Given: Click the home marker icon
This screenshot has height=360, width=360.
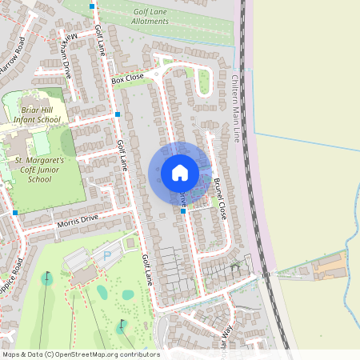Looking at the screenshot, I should [180, 173].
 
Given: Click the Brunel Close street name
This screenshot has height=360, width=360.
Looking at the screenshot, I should [219, 198].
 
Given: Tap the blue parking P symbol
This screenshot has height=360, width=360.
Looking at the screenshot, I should [106, 255].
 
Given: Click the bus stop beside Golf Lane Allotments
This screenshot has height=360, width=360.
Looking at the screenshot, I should [93, 6].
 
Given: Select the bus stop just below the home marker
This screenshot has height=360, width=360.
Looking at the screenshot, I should [183, 211].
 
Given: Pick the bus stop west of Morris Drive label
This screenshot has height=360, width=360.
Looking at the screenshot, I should [15, 213].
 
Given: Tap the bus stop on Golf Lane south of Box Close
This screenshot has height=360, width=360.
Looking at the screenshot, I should [118, 114].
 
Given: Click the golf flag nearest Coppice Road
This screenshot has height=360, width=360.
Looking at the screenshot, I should [46, 278].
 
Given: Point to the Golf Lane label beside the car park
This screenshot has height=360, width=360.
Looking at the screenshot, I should [147, 270].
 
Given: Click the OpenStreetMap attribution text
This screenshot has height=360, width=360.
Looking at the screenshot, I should [81, 354].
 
